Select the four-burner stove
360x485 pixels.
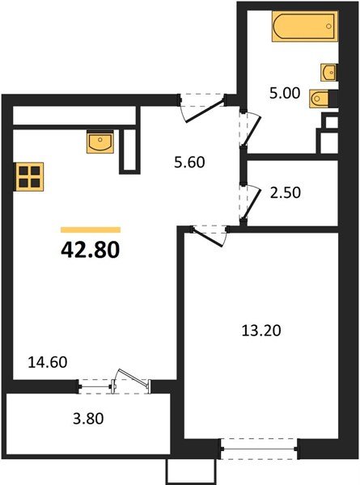click(28, 177)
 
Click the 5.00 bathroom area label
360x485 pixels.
click(286, 93)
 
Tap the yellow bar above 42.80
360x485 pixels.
click(90, 230)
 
